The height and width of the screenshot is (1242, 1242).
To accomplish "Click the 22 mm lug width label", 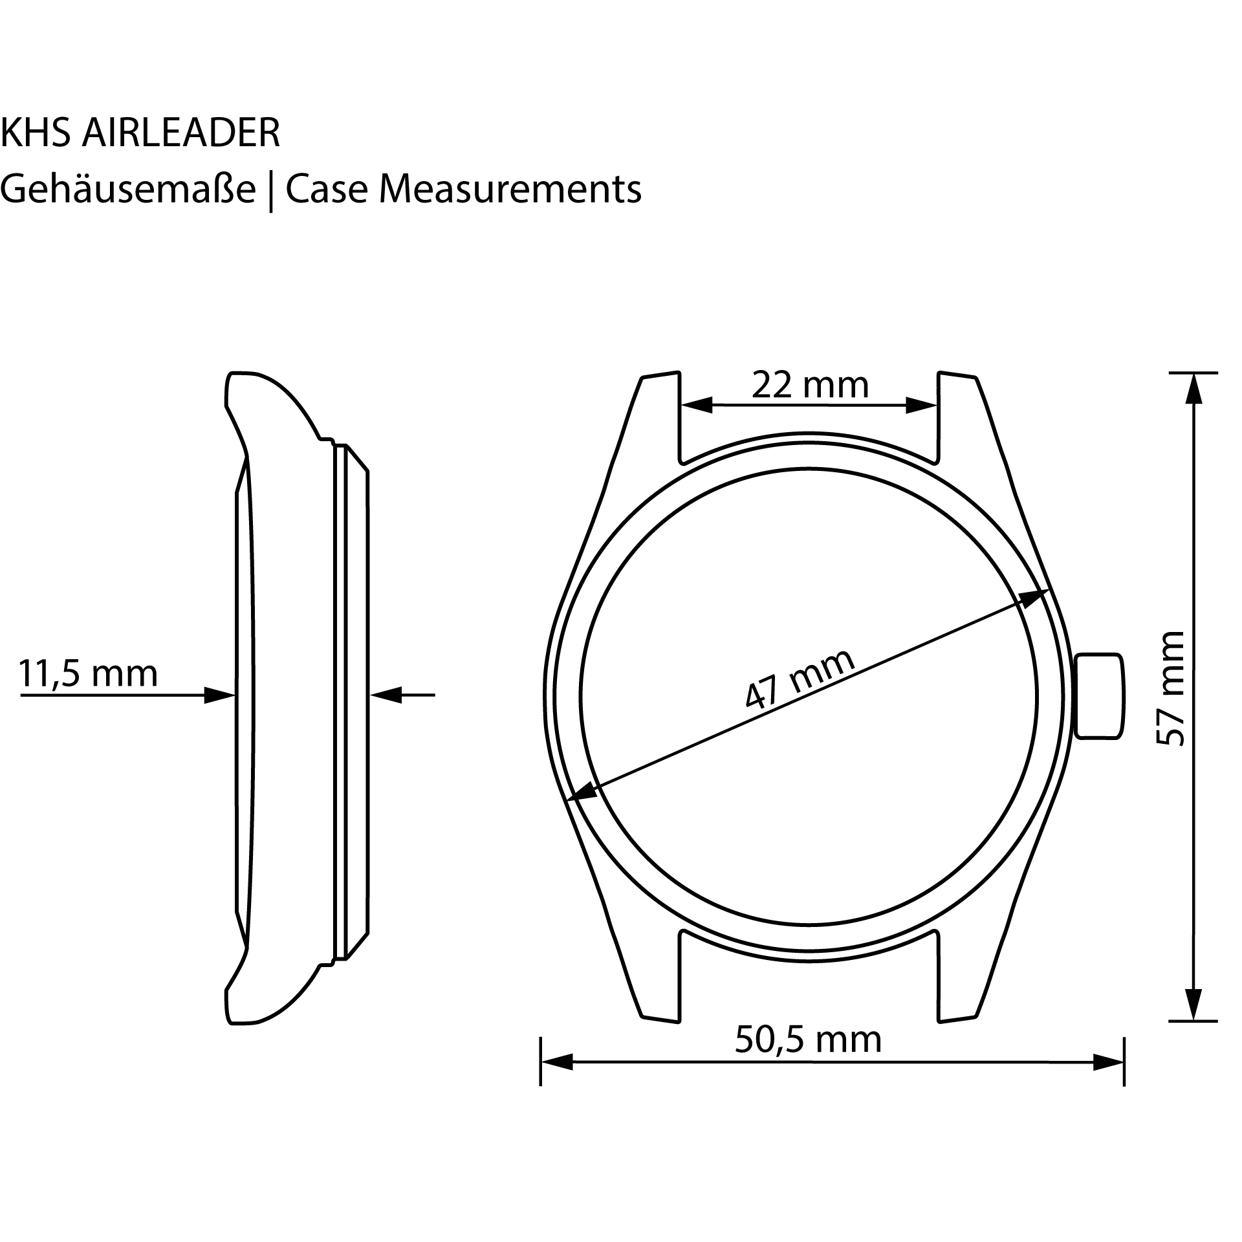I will [809, 386].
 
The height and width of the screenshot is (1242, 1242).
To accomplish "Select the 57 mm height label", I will [1170, 690].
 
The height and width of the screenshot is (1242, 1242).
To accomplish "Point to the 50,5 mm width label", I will [808, 1040].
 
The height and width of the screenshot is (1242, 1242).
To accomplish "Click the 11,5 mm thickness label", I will [88, 674].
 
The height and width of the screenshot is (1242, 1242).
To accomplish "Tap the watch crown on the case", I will [1099, 695].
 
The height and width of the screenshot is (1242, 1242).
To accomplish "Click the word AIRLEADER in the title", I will [181, 133].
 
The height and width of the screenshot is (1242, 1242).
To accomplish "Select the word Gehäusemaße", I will [128, 190].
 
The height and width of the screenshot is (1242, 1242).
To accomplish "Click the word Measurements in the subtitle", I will [510, 190].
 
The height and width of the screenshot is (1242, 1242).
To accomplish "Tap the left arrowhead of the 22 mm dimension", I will [697, 406].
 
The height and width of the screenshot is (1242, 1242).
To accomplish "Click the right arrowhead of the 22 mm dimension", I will [920, 406].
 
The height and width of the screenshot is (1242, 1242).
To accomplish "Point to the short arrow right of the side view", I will [401, 695].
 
